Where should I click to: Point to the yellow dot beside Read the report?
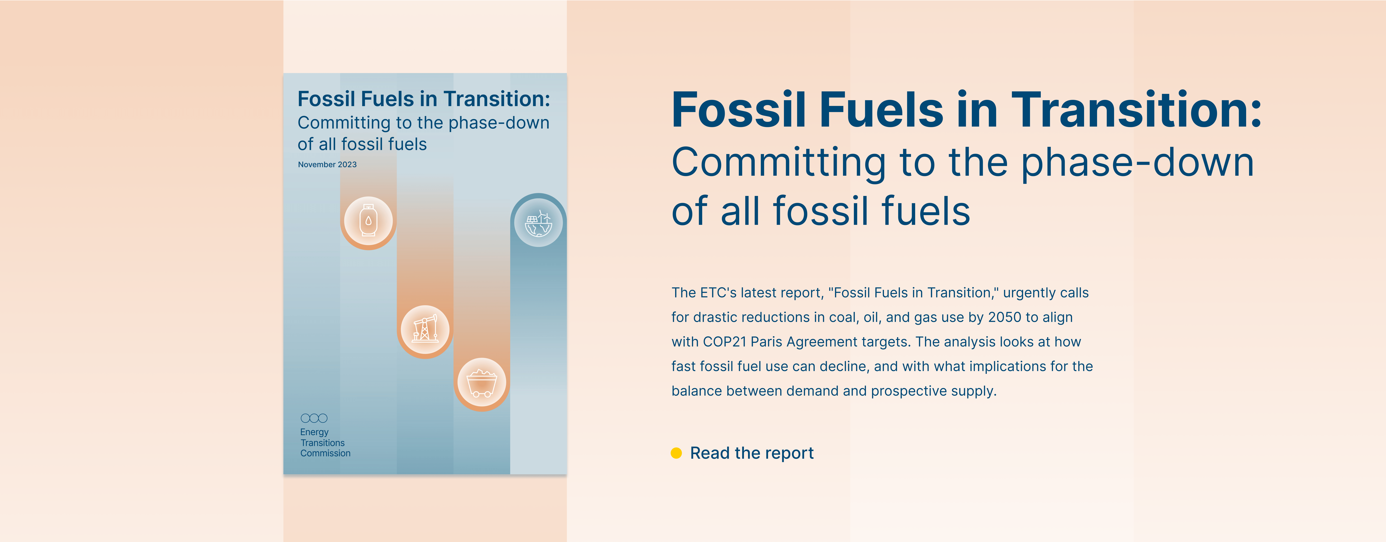(x=676, y=453)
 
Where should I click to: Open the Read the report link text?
(x=752, y=453)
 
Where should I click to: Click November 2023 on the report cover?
(x=327, y=165)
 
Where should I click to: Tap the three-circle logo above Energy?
(x=314, y=418)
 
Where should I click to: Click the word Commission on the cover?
(x=326, y=453)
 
